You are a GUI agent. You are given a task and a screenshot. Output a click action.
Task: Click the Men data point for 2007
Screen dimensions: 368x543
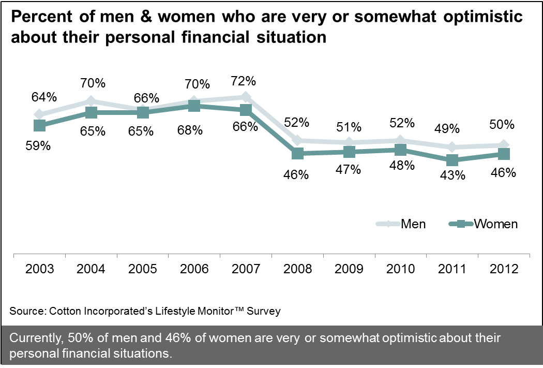click(246, 97)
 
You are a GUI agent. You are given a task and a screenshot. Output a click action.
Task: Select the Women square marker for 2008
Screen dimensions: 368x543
click(297, 154)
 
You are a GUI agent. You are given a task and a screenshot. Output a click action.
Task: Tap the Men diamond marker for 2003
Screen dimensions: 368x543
click(39, 114)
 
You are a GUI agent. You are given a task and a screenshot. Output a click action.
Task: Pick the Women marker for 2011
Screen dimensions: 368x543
click(452, 160)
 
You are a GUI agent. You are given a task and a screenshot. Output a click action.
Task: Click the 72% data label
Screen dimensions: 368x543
click(243, 81)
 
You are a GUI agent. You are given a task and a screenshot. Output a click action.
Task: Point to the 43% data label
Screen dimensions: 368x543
click(452, 176)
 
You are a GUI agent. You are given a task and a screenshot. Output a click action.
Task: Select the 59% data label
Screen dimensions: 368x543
click(39, 145)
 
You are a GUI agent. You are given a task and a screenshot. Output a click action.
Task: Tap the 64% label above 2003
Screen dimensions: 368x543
click(43, 97)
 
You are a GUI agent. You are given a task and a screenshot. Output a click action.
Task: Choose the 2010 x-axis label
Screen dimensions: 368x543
click(401, 269)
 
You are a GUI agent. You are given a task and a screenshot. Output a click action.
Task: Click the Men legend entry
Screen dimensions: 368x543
click(402, 224)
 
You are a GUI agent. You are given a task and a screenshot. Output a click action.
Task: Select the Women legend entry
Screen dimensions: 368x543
click(485, 224)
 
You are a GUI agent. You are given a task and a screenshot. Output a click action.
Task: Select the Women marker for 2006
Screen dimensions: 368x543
click(194, 106)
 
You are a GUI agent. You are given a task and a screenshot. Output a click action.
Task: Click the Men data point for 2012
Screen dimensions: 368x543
click(504, 145)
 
